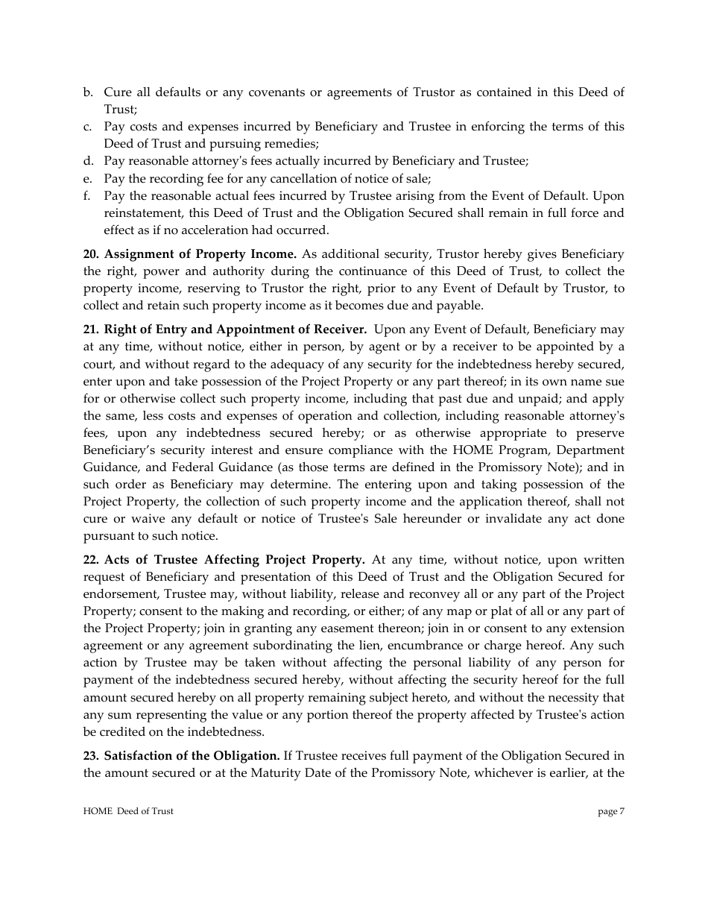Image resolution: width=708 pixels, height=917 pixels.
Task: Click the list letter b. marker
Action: [87, 92]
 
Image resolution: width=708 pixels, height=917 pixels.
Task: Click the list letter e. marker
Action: [87, 178]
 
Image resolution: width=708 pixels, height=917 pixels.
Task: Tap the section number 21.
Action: [91, 330]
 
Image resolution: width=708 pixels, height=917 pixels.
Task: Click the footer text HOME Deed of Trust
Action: [128, 811]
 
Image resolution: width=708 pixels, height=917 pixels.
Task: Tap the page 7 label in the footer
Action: [611, 811]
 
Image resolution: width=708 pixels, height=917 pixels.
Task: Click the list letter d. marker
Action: [87, 161]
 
